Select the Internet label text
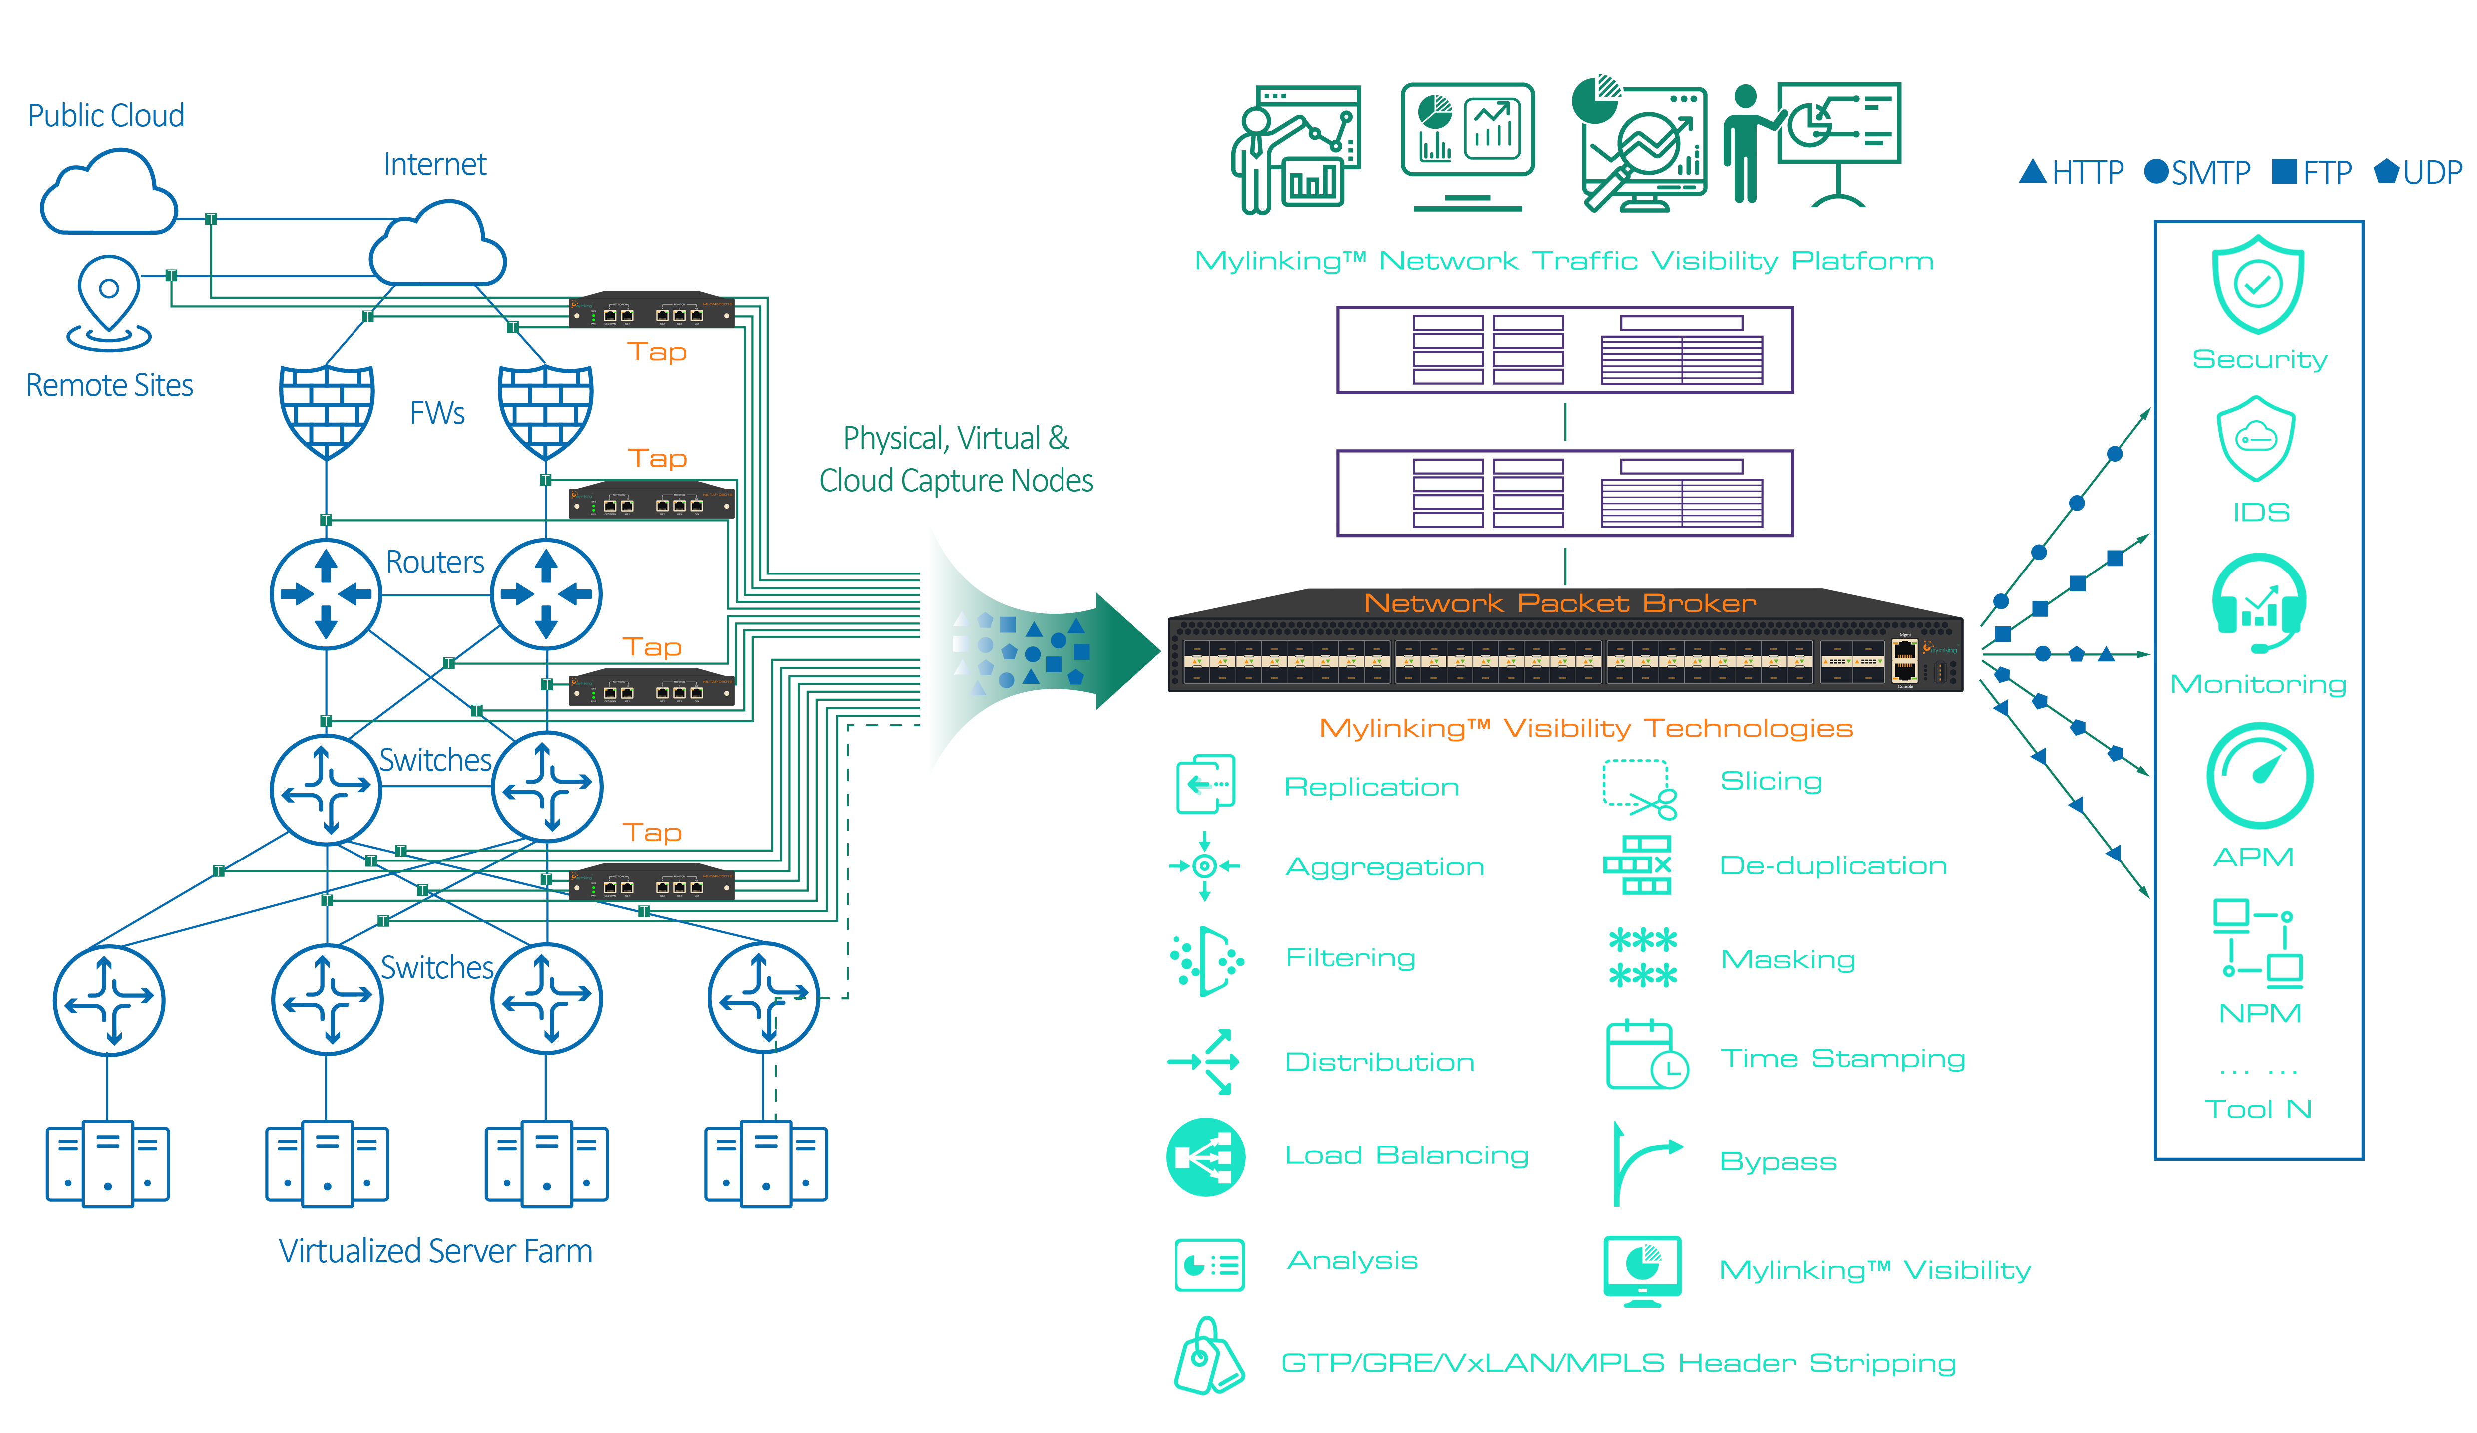(434, 164)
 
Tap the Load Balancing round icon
(1206, 1157)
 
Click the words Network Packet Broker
(1560, 603)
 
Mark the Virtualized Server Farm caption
(435, 1251)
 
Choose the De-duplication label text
(1832, 866)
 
